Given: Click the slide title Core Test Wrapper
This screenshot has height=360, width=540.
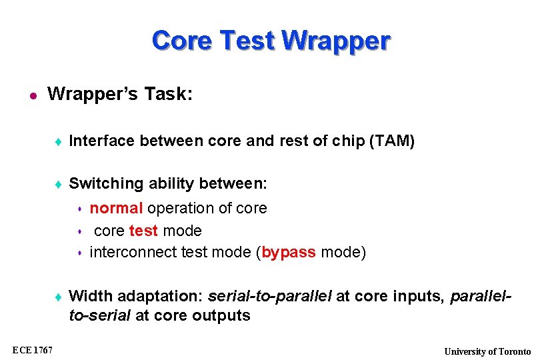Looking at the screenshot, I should click(x=270, y=41).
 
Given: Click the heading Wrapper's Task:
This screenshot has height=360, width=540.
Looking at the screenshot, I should click(x=120, y=95).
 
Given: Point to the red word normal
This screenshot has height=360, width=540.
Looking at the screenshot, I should click(x=116, y=208).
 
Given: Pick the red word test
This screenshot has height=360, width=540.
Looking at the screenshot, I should click(x=143, y=231).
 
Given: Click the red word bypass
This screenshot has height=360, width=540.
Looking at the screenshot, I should click(x=289, y=253).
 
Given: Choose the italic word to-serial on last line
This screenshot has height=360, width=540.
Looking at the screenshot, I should click(x=100, y=315).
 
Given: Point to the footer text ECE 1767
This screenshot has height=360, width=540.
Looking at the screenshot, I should click(x=33, y=351).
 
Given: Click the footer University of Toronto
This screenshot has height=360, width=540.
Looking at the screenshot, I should click(x=487, y=351).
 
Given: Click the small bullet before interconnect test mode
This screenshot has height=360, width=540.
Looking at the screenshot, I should click(x=79, y=253).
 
